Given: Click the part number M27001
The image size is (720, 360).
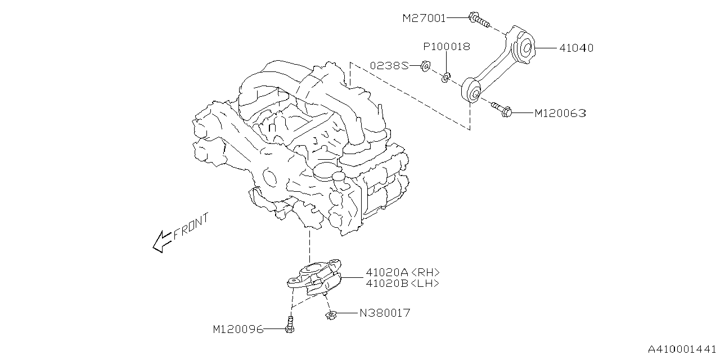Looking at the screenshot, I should click(x=424, y=18).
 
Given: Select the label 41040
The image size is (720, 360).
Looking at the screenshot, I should click(x=576, y=48).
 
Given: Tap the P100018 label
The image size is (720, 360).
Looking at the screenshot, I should click(x=447, y=47).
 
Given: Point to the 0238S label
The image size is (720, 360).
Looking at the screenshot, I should click(x=389, y=66).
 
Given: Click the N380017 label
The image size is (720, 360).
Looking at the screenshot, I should click(x=385, y=313).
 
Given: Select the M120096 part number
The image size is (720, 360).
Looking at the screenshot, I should click(x=238, y=329).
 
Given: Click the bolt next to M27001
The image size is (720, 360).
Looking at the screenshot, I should click(x=477, y=20).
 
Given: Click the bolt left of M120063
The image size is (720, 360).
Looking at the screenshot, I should click(x=502, y=110).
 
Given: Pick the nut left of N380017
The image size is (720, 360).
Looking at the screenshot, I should click(x=331, y=315).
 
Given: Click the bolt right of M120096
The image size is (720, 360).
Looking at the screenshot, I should click(x=290, y=326).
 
